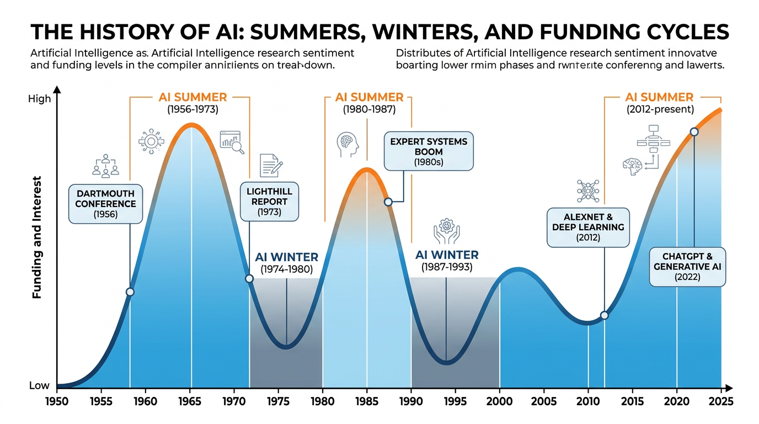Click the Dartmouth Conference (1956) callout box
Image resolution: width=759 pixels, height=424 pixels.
105,203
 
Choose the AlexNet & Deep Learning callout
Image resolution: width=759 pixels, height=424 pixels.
588,227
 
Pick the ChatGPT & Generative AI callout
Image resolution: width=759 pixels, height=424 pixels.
687,267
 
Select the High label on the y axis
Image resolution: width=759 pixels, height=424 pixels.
40,99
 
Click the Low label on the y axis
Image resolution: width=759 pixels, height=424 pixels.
39,386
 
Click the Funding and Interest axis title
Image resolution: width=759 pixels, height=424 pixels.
37,237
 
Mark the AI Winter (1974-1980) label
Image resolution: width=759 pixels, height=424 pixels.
286,263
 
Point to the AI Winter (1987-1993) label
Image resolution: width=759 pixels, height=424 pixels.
447,261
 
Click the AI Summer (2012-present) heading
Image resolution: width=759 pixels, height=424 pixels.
660,103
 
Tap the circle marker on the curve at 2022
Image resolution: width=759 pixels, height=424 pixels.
694,132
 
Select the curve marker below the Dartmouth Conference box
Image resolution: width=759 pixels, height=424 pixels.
130,291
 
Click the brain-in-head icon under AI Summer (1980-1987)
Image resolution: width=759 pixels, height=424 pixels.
348,145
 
